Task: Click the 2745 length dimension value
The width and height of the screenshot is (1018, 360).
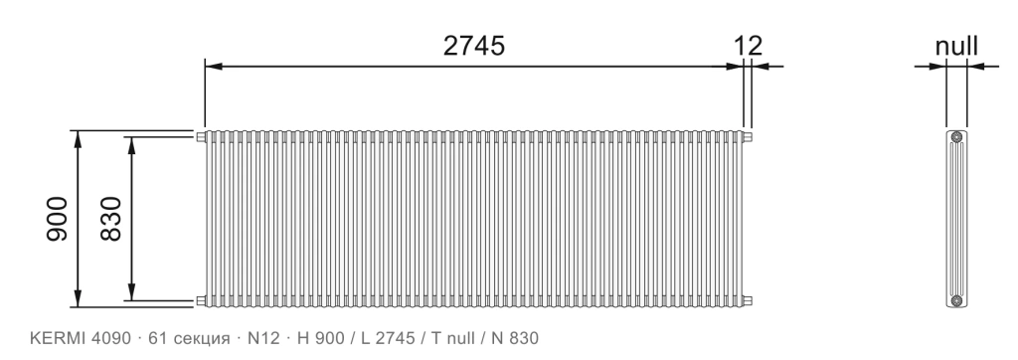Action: (474, 46)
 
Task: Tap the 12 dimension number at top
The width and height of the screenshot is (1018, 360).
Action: (748, 46)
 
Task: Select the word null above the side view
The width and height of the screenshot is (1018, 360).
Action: (956, 46)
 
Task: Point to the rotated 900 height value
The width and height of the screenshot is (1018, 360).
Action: (57, 219)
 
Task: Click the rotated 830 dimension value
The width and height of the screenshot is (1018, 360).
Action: (111, 219)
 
